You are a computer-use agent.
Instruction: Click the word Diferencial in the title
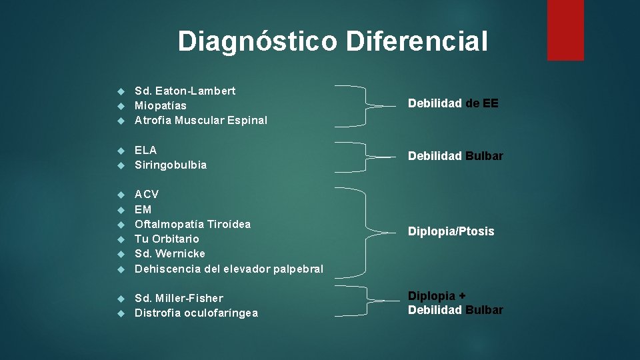[x=417, y=41]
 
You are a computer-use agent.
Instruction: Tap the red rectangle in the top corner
[x=565, y=30]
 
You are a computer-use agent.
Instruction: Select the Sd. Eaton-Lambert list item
[x=185, y=91]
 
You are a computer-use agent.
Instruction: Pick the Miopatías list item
[x=161, y=105]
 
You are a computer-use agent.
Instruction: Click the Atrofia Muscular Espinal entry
[x=201, y=121]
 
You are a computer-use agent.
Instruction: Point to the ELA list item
[x=145, y=150]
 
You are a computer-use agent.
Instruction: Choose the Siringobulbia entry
[x=171, y=165]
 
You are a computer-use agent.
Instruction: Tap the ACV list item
[x=147, y=195]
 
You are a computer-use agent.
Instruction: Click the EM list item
[x=143, y=209]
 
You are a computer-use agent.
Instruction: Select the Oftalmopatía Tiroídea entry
[x=193, y=224]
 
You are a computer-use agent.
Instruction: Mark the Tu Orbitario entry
[x=167, y=239]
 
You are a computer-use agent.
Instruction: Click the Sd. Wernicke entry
[x=170, y=253]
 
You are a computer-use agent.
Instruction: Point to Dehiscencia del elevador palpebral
[x=229, y=269]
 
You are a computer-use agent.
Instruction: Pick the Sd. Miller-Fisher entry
[x=179, y=298]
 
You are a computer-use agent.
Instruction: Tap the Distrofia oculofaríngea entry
[x=196, y=313]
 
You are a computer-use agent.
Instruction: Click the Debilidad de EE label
[x=453, y=103]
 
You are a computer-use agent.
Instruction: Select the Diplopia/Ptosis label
[x=451, y=231]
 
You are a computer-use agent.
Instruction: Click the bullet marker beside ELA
[x=121, y=151]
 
